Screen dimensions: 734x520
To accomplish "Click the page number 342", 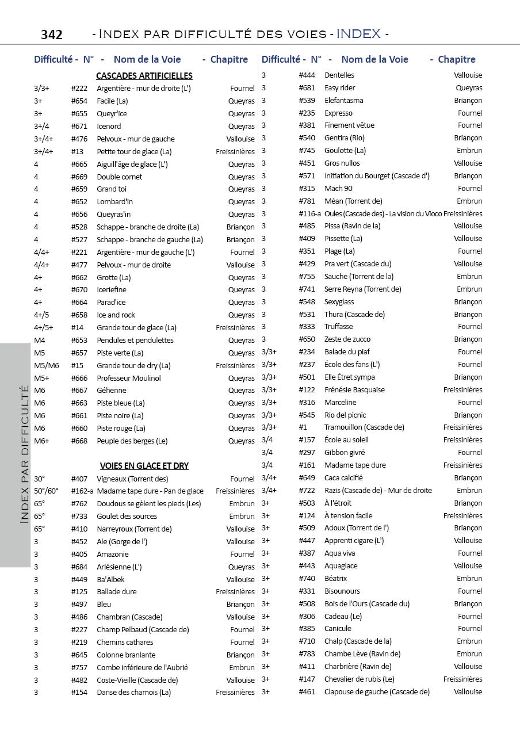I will coord(52,35).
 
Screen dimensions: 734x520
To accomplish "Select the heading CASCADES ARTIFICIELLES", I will coord(144,76).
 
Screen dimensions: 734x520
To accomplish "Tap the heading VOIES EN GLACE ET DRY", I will coord(144,466).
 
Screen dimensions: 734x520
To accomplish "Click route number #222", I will coord(79,89).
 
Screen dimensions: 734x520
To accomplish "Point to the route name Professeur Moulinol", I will coord(128,378).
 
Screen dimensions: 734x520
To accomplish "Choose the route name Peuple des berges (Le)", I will coord(132,441).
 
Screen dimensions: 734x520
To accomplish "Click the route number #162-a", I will coord(82,491).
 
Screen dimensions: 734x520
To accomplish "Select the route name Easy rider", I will coord(339,88).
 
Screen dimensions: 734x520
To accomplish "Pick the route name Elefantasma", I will coord(343,101).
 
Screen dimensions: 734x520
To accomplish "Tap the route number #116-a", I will coord(310,214).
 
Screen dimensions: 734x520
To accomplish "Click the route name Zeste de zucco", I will coord(347,339).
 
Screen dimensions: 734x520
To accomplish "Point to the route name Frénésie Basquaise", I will coord(354,390).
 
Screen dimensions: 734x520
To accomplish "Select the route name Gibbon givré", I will coord(345,453).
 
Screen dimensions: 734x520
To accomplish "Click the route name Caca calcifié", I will coord(343,478).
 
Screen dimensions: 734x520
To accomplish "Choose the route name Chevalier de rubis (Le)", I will coord(359,679).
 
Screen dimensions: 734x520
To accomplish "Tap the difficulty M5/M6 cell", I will coord(46,366).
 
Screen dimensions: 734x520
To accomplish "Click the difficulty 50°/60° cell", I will coord(46,491).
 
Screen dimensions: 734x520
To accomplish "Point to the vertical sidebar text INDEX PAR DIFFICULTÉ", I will coord(25,454).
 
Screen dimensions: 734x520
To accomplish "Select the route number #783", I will coord(307,654).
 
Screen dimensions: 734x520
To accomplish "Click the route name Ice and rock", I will coord(116,315).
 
